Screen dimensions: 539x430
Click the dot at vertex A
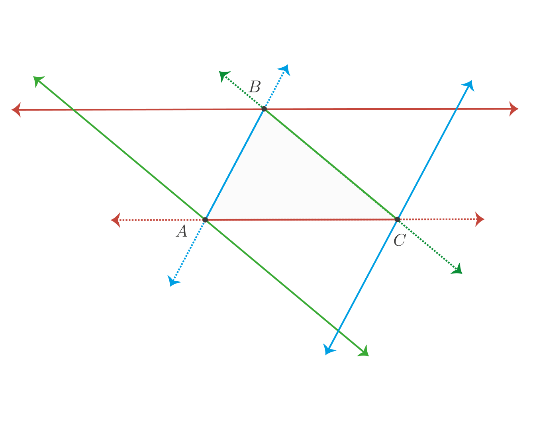tap(205, 220)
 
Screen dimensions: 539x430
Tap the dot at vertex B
tap(264, 109)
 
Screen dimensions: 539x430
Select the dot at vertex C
tap(397, 220)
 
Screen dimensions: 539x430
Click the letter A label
tap(182, 231)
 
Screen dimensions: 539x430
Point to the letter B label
tap(255, 87)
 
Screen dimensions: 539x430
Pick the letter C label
tap(400, 240)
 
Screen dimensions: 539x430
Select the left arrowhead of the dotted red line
tap(116, 220)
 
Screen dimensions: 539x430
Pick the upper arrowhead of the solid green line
tap(38, 81)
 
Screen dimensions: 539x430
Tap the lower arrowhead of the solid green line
tap(364, 351)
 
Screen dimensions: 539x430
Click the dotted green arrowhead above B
tap(223, 76)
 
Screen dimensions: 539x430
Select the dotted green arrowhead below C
tap(457, 269)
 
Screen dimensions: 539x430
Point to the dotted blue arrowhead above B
tap(285, 69)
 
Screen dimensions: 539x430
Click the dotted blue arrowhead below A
tap(172, 281)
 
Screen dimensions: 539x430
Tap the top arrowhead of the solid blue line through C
tap(469, 85)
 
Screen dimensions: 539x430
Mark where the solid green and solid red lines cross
tap(73, 109)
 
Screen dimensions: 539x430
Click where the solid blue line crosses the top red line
tap(456, 109)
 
